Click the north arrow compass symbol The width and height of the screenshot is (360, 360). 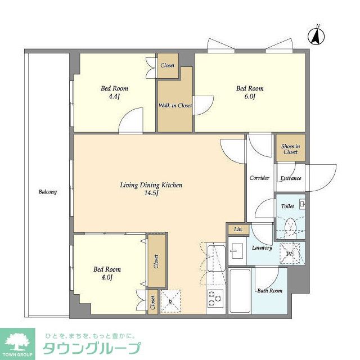click(x=317, y=35)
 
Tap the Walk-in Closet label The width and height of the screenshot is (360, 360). click(x=175, y=106)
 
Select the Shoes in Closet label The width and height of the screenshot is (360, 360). click(x=290, y=149)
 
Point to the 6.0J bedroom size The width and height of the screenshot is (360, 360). click(x=250, y=97)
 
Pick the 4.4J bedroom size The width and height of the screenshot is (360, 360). click(x=115, y=97)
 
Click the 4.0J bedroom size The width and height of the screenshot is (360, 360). click(x=107, y=277)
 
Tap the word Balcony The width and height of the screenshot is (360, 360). click(x=48, y=192)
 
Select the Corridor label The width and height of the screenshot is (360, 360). click(x=259, y=178)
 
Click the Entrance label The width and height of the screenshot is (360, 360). click(x=290, y=178)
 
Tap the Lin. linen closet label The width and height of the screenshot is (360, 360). click(x=237, y=229)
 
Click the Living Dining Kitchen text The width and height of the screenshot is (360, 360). click(x=151, y=184)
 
